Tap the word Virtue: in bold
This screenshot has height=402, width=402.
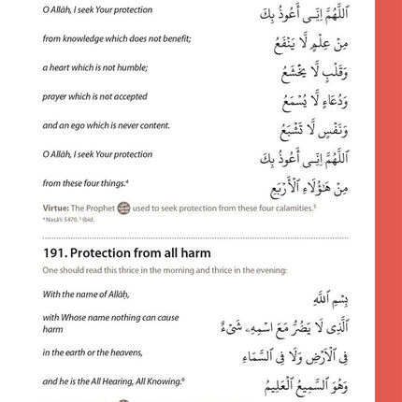(x=55, y=208)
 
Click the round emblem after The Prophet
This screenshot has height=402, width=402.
(x=123, y=208)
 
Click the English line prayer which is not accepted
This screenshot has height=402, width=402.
(x=94, y=96)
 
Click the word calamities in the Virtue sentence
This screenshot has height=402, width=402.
(x=292, y=208)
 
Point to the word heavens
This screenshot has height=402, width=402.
(x=126, y=352)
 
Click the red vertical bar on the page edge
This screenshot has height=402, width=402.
(x=388, y=201)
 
